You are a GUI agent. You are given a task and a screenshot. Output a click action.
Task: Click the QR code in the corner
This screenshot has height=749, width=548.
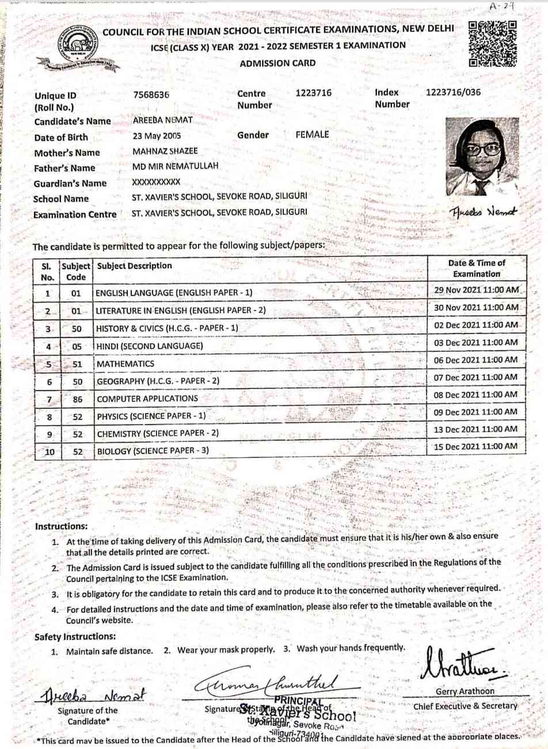pyautogui.click(x=492, y=44)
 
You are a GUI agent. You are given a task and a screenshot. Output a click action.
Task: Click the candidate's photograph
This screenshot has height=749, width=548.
pyautogui.click(x=482, y=157)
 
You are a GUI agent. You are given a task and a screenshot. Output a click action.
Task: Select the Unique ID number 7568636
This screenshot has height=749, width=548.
pyautogui.click(x=151, y=95)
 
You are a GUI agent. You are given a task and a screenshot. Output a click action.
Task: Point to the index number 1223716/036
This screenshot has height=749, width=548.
pyautogui.click(x=453, y=92)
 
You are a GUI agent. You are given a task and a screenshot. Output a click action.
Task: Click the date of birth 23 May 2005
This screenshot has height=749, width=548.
pyautogui.click(x=157, y=136)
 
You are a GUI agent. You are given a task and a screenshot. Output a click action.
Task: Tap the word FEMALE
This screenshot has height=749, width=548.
pyautogui.click(x=312, y=134)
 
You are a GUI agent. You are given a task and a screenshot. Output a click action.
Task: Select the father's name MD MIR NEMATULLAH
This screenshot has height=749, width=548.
pyautogui.click(x=176, y=166)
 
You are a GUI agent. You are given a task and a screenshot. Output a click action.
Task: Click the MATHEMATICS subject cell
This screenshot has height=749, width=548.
pyautogui.click(x=125, y=364)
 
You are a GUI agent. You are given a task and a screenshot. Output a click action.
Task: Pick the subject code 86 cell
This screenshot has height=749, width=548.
pyautogui.click(x=78, y=399)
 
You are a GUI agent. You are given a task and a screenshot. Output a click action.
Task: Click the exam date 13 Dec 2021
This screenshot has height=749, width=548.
pyautogui.click(x=475, y=429)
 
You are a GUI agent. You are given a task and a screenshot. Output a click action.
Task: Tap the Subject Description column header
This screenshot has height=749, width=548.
pyautogui.click(x=135, y=266)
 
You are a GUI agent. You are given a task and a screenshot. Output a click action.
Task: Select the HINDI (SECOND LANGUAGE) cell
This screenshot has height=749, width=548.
pyautogui.click(x=150, y=346)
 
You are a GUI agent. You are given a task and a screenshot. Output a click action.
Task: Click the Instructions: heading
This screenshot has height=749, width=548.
pyautogui.click(x=61, y=526)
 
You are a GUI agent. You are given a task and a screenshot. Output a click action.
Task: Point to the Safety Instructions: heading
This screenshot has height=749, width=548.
pyautogui.click(x=75, y=637)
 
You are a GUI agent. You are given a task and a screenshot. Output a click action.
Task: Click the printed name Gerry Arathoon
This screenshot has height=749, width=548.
pyautogui.click(x=465, y=691)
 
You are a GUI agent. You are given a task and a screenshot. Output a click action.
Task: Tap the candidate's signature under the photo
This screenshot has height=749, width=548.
pyautogui.click(x=484, y=211)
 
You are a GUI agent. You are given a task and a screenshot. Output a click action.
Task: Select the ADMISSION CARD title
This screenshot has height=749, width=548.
pyautogui.click(x=277, y=63)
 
